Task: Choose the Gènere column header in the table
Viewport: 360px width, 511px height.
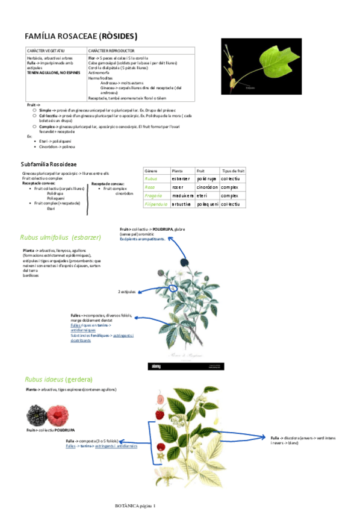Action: pos(151,171)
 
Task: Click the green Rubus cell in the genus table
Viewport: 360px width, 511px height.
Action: pos(151,179)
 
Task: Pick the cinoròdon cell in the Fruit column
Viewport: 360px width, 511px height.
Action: pos(206,187)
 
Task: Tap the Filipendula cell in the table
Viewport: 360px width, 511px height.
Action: pos(156,204)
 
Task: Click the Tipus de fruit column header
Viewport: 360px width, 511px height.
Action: pos(233,171)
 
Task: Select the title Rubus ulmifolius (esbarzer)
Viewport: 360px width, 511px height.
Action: pos(61,237)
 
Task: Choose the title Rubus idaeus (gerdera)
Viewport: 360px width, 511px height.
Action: pos(58,380)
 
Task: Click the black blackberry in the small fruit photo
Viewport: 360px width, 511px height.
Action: pos(37,415)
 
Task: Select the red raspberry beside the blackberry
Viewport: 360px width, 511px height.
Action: pos(58,415)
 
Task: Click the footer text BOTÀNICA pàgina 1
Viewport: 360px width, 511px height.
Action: pos(135,505)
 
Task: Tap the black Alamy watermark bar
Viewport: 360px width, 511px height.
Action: pos(186,366)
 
